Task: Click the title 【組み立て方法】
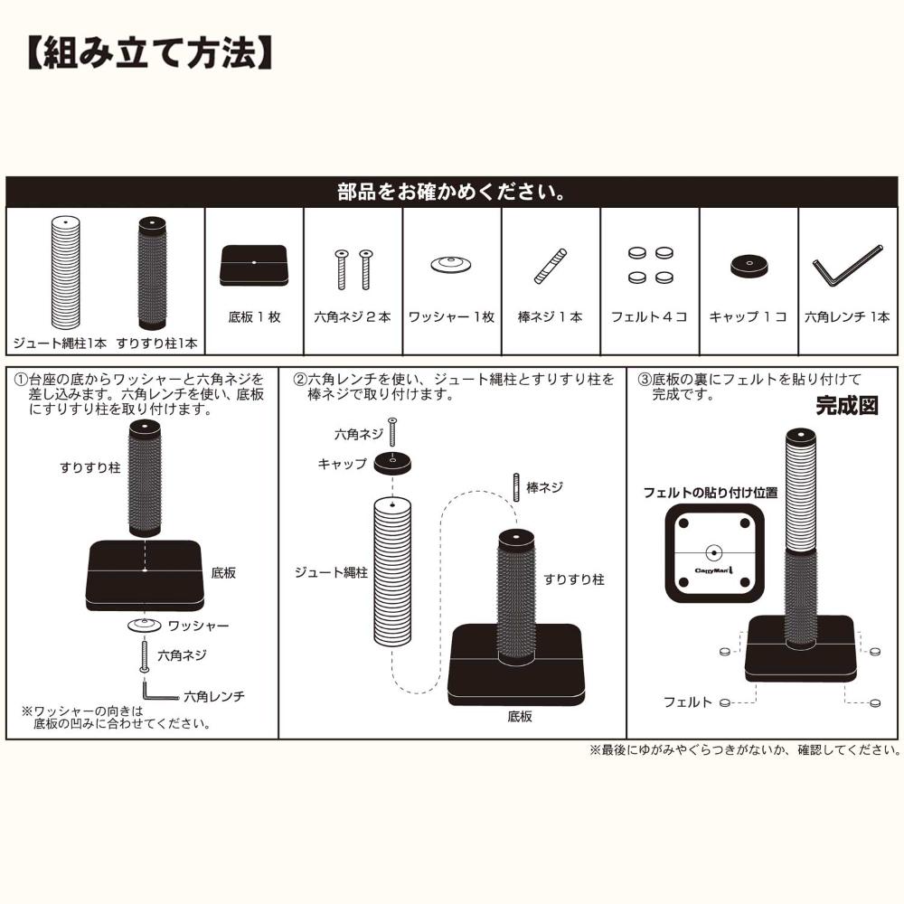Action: tap(150, 53)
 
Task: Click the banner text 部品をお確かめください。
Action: tap(452, 192)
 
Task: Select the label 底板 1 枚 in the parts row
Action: tap(254, 317)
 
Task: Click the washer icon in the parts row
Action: tap(451, 265)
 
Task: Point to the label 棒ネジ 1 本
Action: tap(550, 317)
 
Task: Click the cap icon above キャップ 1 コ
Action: tap(749, 266)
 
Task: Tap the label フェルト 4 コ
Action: tap(649, 317)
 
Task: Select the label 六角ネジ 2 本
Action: tap(353, 317)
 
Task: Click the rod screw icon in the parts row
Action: tap(551, 267)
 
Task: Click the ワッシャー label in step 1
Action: tap(198, 626)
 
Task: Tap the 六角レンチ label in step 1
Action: tap(214, 696)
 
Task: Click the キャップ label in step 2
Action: tap(342, 464)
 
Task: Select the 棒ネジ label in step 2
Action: tap(545, 488)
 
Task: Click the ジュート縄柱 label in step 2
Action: tap(331, 572)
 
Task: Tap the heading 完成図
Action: tap(847, 406)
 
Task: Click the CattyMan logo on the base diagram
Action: tap(714, 570)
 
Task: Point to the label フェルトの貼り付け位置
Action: tap(711, 493)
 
